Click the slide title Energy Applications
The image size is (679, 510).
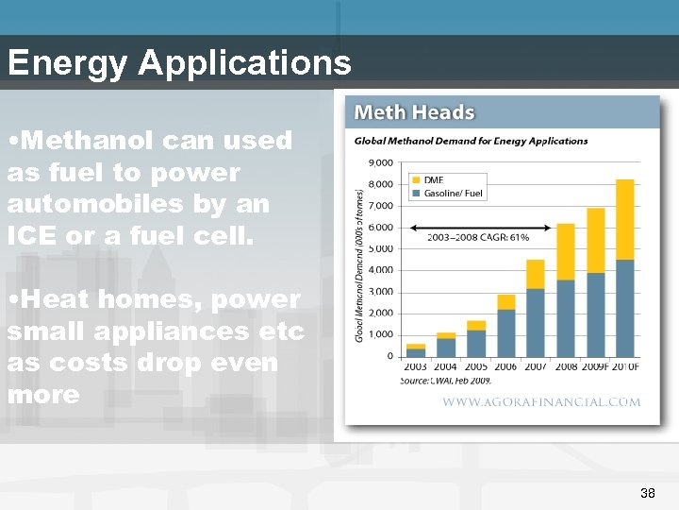click(179, 62)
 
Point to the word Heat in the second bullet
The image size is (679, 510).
click(54, 299)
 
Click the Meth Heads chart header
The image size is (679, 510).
click(414, 112)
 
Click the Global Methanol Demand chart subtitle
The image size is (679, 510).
click(471, 142)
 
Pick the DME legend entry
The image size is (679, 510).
click(433, 179)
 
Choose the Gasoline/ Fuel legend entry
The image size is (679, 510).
click(453, 193)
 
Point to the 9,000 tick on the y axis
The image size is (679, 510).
click(380, 162)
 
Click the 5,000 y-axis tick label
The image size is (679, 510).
click(380, 248)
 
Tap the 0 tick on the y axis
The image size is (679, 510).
click(389, 356)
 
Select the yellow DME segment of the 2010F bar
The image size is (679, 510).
click(624, 219)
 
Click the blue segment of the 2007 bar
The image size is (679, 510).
click(535, 322)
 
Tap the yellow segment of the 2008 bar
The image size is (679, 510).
click(565, 251)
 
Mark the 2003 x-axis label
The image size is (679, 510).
click(415, 366)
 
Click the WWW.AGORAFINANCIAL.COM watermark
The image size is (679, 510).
click(541, 402)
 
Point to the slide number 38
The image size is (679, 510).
click(647, 493)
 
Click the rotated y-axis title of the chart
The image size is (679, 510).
click(358, 264)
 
